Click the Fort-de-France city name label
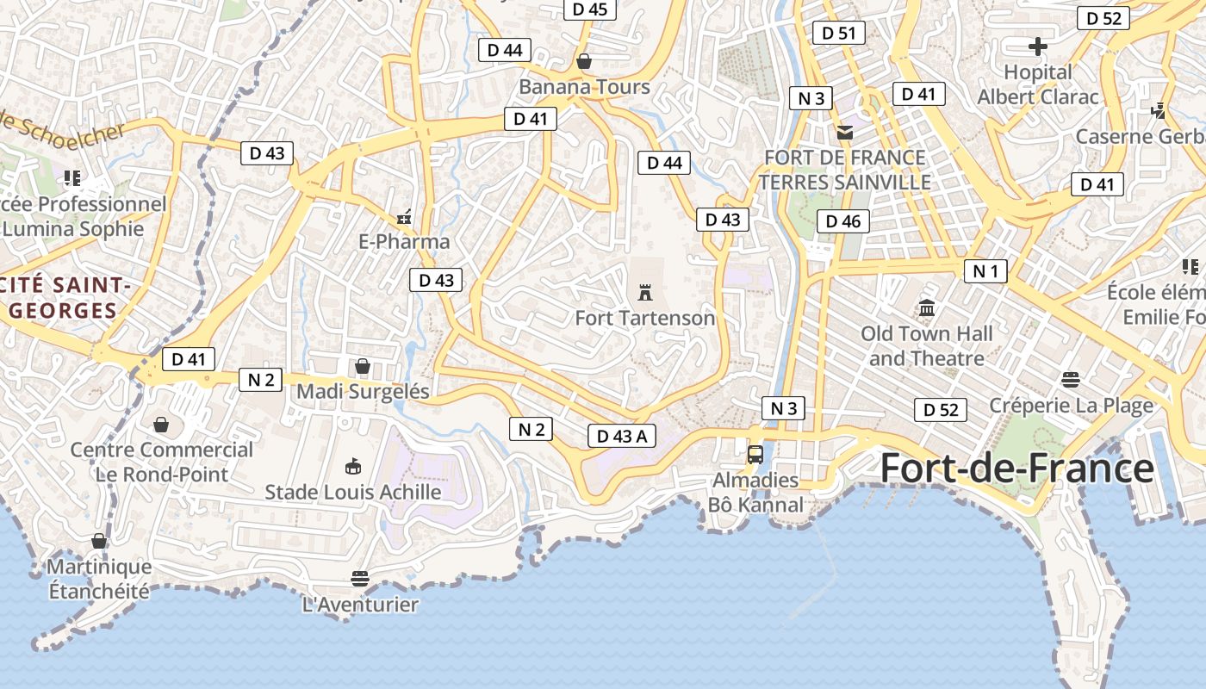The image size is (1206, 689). pyautogui.click(x=1016, y=469)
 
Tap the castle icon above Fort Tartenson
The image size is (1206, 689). pyautogui.click(x=644, y=292)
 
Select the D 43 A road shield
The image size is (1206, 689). pyautogui.click(x=622, y=436)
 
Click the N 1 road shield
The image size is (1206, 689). pyautogui.click(x=985, y=272)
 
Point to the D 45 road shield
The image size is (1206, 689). pyautogui.click(x=589, y=9)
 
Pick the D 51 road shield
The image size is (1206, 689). pyautogui.click(x=839, y=34)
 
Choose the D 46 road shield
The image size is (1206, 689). pyautogui.click(x=842, y=221)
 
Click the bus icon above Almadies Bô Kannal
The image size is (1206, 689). pyautogui.click(x=755, y=454)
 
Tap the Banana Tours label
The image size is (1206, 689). pyautogui.click(x=584, y=87)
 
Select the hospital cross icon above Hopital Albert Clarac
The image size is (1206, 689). pyautogui.click(x=1038, y=46)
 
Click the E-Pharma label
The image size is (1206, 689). pyautogui.click(x=404, y=241)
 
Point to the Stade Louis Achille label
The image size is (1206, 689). pyautogui.click(x=352, y=492)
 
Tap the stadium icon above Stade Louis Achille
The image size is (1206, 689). pyautogui.click(x=352, y=467)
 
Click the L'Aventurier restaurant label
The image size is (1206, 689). pyautogui.click(x=360, y=605)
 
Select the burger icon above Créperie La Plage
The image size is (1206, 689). pyautogui.click(x=1071, y=380)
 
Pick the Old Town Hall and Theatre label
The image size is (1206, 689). pyautogui.click(x=927, y=345)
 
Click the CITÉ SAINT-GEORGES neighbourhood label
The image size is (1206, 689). pyautogui.click(x=60, y=298)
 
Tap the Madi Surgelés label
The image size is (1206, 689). pyautogui.click(x=363, y=392)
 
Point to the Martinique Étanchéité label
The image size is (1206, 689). pyautogui.click(x=98, y=579)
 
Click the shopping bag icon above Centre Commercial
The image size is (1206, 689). pyautogui.click(x=161, y=425)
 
